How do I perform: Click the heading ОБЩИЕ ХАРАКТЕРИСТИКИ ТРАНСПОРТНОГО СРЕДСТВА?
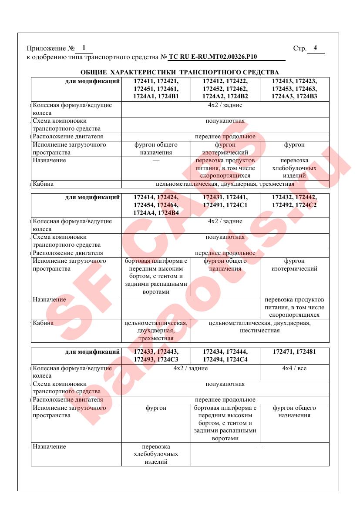click(x=180, y=72)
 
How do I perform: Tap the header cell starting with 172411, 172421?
click(x=156, y=89)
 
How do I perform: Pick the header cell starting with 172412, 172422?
click(x=225, y=89)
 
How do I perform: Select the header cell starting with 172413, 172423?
click(x=294, y=89)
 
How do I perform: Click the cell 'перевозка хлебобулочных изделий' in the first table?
click(x=294, y=168)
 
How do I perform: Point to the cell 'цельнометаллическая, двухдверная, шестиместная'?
click(x=259, y=327)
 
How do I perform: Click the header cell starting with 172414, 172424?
click(x=156, y=205)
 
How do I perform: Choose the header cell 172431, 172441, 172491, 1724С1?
click(x=225, y=201)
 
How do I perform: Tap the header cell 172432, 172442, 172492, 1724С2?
click(x=294, y=201)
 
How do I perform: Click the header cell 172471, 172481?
click(x=294, y=351)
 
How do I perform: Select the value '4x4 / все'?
click(x=294, y=368)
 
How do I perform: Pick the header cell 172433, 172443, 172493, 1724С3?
click(x=156, y=355)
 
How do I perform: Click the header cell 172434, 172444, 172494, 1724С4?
click(x=225, y=355)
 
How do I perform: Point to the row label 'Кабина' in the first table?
click(x=43, y=184)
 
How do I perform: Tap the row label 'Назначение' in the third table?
click(x=49, y=447)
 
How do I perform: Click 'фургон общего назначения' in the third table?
click(x=294, y=412)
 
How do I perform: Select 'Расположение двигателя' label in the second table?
click(x=68, y=253)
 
